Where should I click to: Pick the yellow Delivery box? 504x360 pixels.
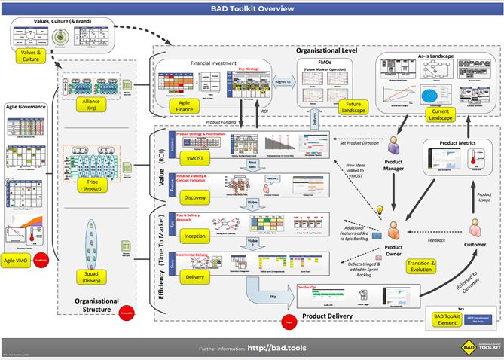coord(194,276)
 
